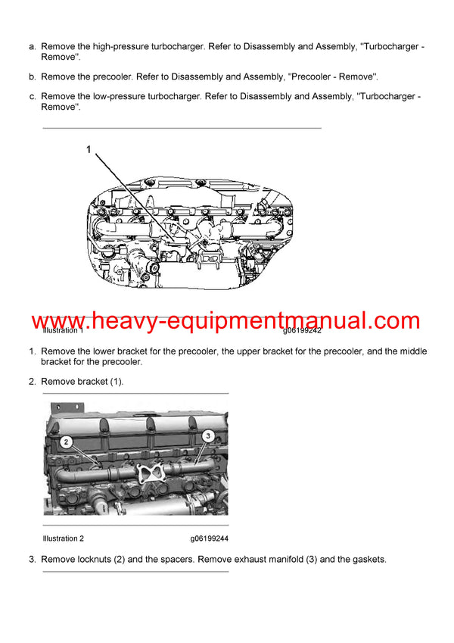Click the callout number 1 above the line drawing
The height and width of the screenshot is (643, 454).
tap(89, 151)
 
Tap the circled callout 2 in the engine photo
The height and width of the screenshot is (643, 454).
tap(66, 442)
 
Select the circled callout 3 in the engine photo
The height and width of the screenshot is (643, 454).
tap(207, 435)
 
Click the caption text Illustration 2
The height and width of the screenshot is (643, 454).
tap(64, 538)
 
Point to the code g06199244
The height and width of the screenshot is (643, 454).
tap(210, 538)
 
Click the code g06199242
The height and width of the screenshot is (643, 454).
tap(303, 331)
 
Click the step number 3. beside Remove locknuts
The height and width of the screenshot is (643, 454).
tap(33, 560)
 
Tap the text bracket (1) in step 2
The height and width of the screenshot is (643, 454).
tap(100, 382)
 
